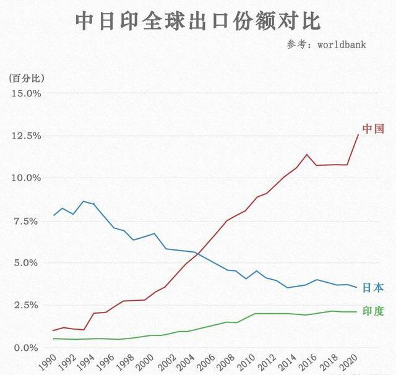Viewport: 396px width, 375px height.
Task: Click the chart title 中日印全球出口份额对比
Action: point(198,21)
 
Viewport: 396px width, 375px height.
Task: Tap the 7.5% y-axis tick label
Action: point(28,221)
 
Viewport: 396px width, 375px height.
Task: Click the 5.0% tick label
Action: point(28,263)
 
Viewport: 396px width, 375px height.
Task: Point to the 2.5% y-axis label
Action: point(28,306)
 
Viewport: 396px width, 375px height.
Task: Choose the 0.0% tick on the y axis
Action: point(28,348)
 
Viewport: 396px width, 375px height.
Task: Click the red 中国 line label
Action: point(373,129)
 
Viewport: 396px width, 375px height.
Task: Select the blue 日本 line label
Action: point(372,288)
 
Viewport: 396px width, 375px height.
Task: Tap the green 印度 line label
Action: point(372,311)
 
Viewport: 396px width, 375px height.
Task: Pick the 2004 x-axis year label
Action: point(189,361)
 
